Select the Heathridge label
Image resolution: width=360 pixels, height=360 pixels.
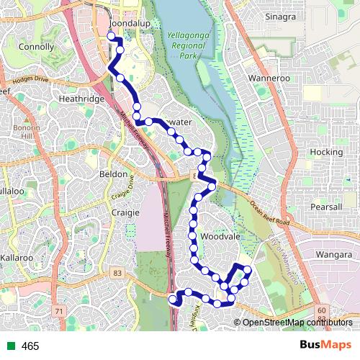[82, 98]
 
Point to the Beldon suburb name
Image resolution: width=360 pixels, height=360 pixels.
[113, 175]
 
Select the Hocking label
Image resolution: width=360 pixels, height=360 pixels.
[325, 152]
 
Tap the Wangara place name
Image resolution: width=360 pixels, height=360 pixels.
[332, 254]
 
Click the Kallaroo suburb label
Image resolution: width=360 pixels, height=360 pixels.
[17, 257]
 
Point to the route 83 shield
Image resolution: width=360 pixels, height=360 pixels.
[117, 273]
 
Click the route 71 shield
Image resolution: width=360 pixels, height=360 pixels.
[59, 310]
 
